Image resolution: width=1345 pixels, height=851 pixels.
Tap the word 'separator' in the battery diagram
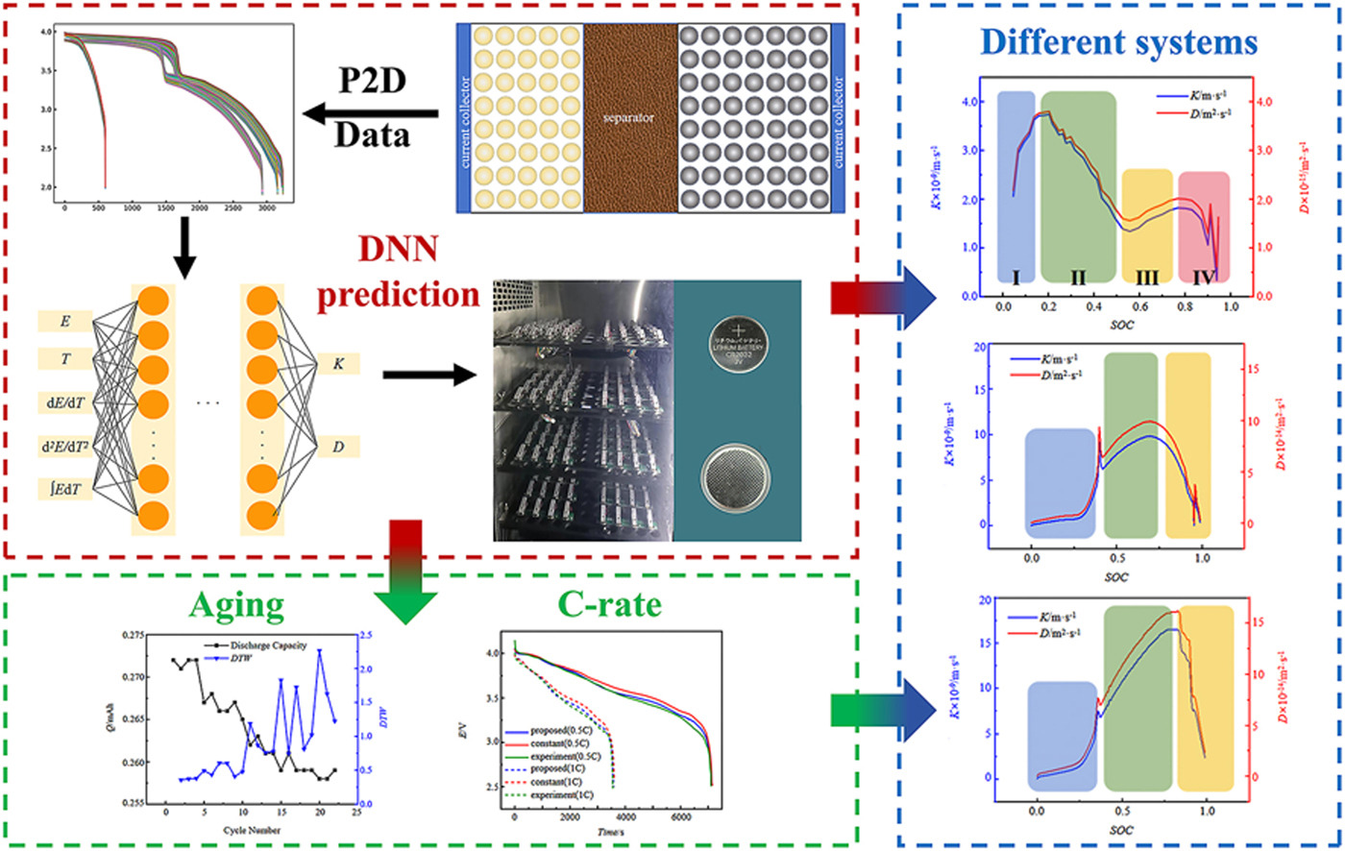click(x=629, y=118)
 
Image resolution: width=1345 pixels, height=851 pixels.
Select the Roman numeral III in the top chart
click(x=1147, y=277)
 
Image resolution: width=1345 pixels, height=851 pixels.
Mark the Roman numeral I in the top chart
click(x=1015, y=277)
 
